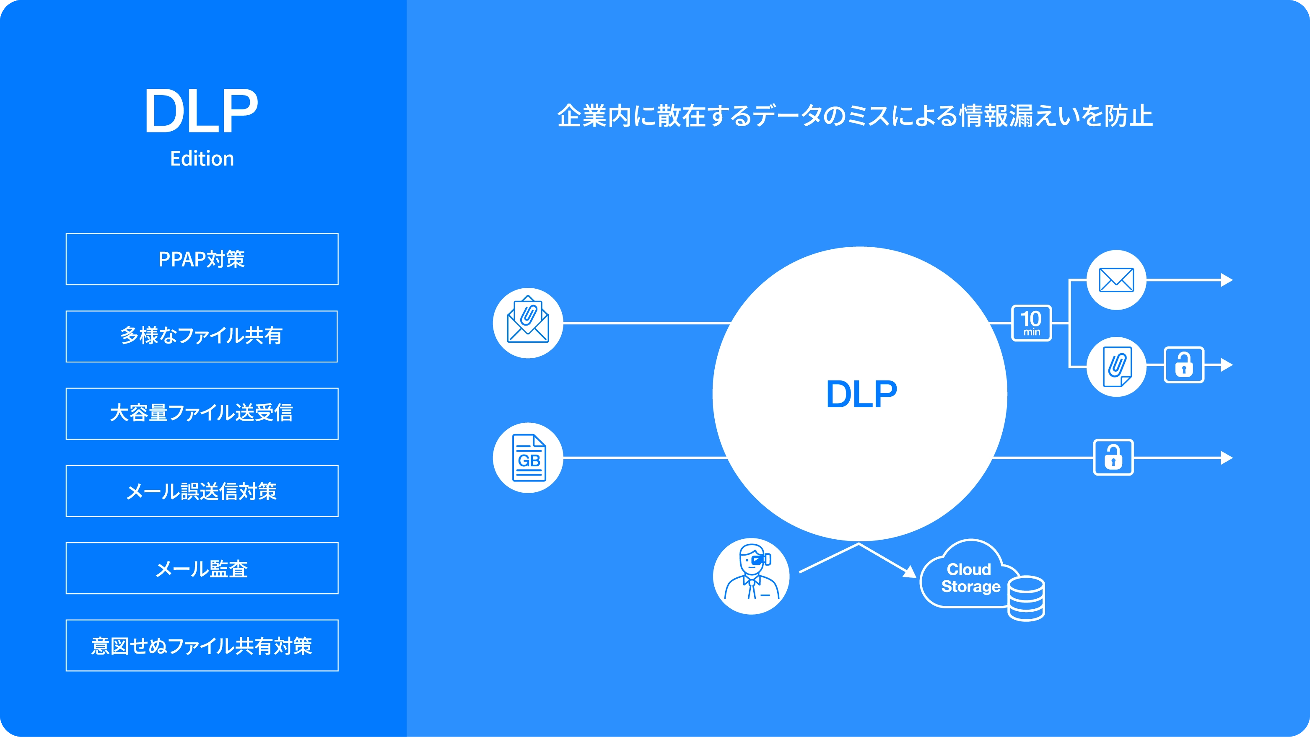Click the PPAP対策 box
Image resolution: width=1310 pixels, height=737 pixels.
[202, 259]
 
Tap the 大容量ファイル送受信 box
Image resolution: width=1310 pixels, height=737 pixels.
[202, 414]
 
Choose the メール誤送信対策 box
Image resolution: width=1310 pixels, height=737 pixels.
[202, 491]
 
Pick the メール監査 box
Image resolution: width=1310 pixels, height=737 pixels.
[202, 568]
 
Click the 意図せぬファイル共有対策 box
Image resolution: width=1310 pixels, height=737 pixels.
[202, 646]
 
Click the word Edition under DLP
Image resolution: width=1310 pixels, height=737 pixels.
[202, 158]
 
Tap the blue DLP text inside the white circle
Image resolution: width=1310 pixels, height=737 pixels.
[861, 394]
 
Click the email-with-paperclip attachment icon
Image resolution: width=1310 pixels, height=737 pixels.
[528, 323]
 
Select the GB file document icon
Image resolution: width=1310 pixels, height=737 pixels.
[528, 458]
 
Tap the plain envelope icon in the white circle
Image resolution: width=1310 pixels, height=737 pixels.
[1116, 280]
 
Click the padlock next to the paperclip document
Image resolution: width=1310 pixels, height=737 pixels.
[1184, 365]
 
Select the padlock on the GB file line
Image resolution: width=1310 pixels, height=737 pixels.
[1113, 458]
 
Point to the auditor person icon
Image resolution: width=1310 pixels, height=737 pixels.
[751, 576]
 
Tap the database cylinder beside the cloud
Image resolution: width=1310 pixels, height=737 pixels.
[1026, 598]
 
